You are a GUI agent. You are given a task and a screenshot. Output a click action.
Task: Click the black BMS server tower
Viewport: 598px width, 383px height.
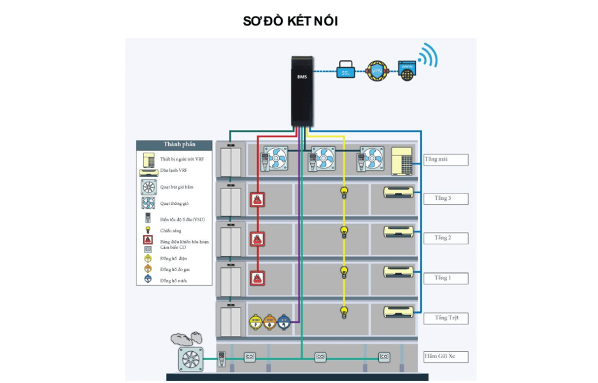point(302,90)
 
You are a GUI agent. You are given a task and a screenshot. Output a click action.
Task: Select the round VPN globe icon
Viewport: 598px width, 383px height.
point(377,71)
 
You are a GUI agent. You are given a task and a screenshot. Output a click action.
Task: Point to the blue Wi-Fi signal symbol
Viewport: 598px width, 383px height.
point(427,56)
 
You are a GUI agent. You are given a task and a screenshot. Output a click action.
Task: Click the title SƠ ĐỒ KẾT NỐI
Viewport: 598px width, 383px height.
point(290,21)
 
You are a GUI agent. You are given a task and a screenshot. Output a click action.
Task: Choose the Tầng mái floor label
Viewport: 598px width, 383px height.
point(446,160)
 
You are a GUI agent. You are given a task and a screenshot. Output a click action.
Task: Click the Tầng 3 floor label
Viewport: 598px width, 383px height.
point(446,198)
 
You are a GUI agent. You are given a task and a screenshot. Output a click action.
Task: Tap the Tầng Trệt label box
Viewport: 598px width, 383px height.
point(446,318)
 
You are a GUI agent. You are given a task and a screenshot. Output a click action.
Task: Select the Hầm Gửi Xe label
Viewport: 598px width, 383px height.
point(446,357)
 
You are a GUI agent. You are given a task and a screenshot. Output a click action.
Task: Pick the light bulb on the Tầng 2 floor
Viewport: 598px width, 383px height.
point(344,231)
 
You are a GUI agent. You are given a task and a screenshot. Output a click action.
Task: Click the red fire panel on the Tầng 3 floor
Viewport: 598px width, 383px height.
point(257,199)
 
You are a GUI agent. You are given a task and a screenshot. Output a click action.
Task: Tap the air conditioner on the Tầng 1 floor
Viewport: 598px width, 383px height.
point(398,271)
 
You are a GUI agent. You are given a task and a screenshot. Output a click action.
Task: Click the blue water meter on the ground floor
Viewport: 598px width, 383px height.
point(283,321)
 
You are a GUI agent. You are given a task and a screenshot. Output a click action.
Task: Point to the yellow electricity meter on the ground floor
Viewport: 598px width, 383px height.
point(255,321)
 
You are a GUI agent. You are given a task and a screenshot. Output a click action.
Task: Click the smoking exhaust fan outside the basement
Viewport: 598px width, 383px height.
point(190,358)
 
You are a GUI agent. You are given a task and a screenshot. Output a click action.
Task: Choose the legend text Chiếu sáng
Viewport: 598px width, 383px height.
point(171,230)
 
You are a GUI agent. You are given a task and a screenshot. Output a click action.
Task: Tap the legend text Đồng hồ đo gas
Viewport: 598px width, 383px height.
point(175,270)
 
